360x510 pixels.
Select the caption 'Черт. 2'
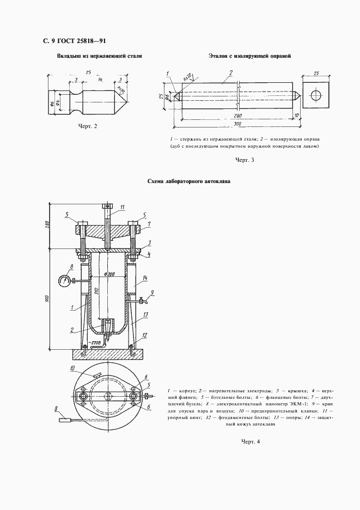[x=88, y=126]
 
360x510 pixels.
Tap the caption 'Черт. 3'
[x=245, y=160]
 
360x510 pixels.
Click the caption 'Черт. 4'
[x=251, y=441]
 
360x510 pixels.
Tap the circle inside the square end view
[x=316, y=94]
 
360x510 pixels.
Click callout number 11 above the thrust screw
[x=123, y=207]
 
